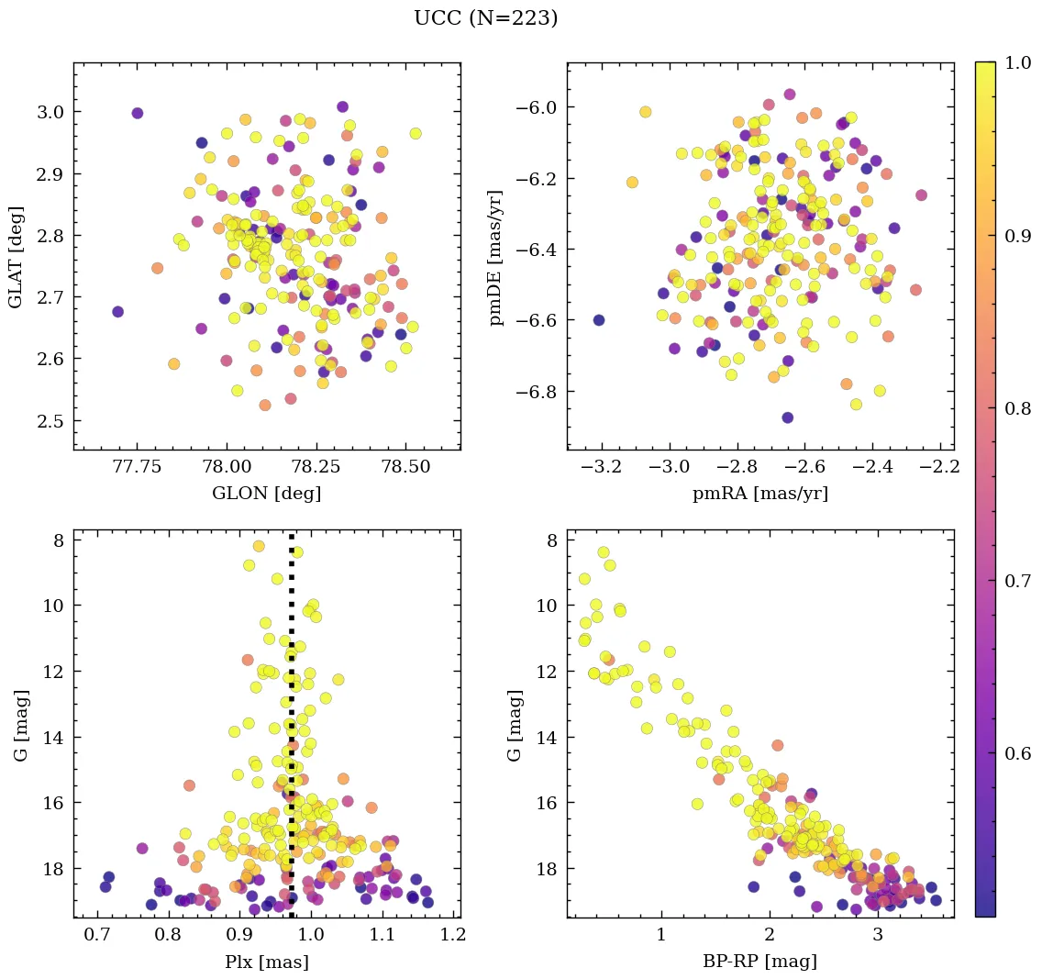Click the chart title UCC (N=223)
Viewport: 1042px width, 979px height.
click(x=485, y=18)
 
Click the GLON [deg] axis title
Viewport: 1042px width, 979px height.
click(x=266, y=494)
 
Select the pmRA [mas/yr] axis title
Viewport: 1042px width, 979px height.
click(x=760, y=494)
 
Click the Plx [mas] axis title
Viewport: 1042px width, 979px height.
click(x=266, y=962)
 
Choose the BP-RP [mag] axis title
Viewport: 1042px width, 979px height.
click(x=760, y=962)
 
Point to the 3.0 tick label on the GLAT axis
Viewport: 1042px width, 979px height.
click(x=50, y=112)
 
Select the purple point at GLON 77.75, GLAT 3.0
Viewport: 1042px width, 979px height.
click(x=138, y=113)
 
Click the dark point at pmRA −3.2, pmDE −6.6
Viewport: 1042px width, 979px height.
click(x=599, y=319)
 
